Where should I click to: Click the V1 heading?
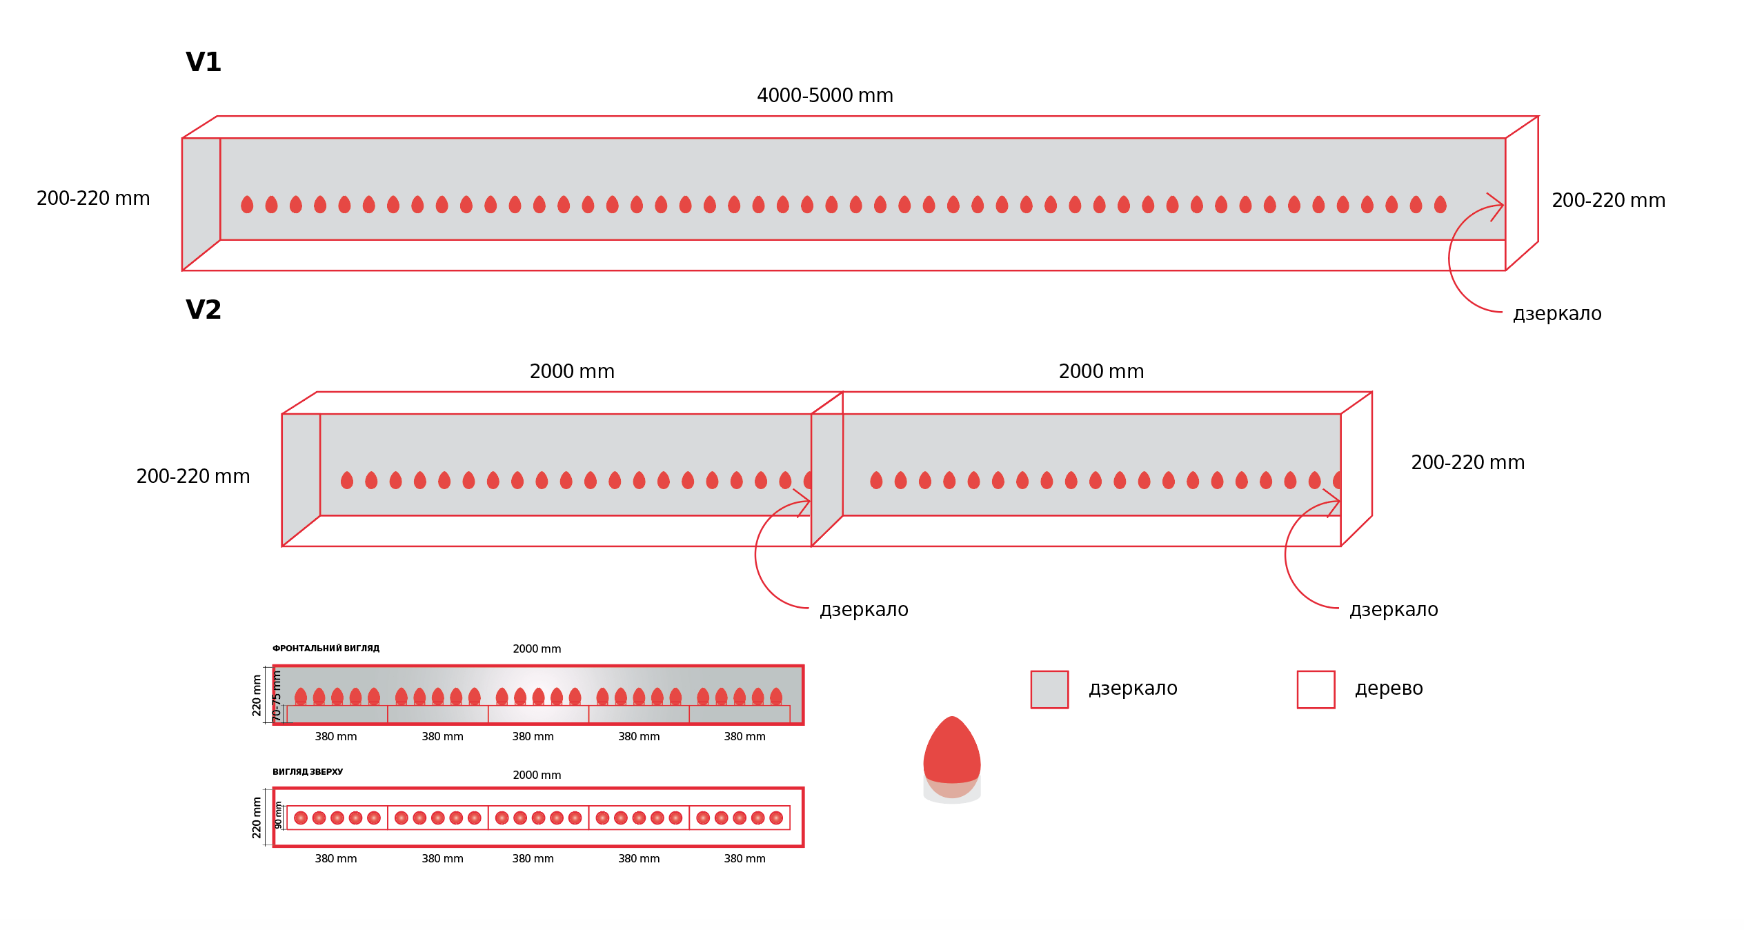204,62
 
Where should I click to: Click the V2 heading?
204,310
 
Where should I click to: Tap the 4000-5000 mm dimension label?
825,95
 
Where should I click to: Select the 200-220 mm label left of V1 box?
93,199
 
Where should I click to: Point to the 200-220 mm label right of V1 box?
1609,201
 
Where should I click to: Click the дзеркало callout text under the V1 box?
1557,314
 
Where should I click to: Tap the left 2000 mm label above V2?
572,371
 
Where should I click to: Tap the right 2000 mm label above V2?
1101,371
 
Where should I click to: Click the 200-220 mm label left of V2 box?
193,476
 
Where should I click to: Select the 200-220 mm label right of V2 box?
1468,462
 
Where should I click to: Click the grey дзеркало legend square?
1049,689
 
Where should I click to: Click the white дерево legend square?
1316,689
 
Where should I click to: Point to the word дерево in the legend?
1389,689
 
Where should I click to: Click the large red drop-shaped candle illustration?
952,759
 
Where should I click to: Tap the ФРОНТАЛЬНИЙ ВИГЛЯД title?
326,649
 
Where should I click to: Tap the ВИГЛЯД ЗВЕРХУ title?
308,772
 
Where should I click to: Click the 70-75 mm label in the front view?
277,696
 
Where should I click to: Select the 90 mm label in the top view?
278,815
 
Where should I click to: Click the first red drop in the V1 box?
247,204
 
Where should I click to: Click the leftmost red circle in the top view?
301,818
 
